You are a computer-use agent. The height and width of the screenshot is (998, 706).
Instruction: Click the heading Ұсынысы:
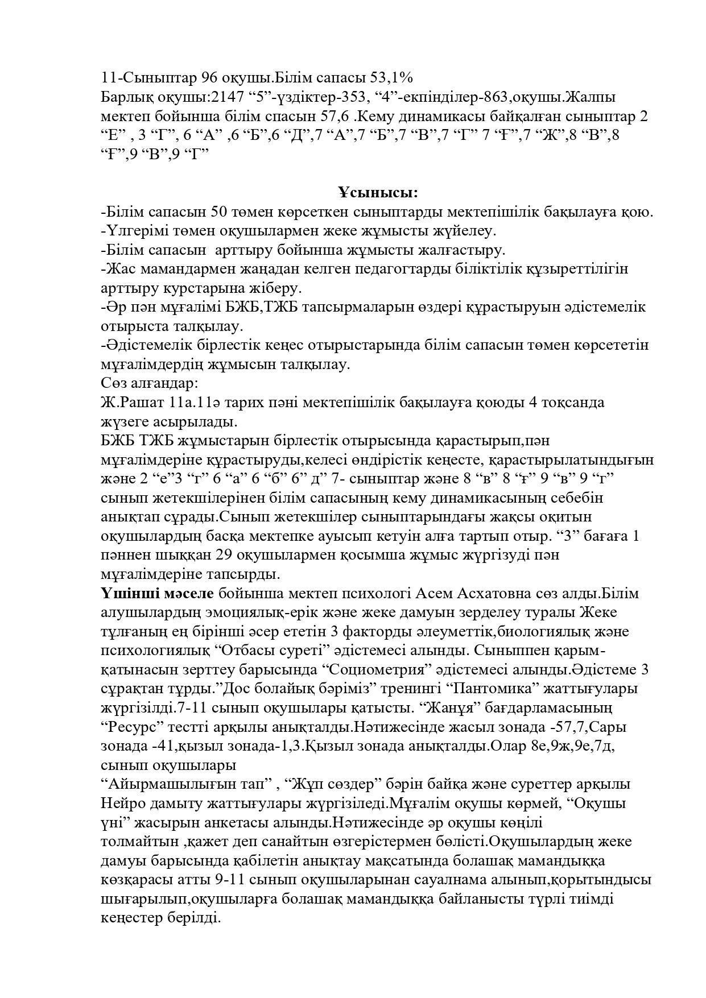coord(377,193)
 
